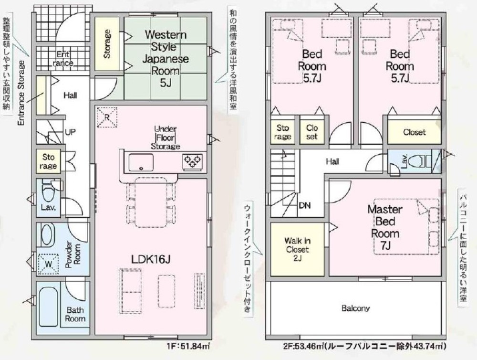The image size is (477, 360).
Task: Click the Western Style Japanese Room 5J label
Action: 166,59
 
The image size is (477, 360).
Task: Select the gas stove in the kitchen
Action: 193,160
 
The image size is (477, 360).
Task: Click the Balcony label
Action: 355,308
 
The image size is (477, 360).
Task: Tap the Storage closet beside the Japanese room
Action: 107,44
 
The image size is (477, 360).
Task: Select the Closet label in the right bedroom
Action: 414,132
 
